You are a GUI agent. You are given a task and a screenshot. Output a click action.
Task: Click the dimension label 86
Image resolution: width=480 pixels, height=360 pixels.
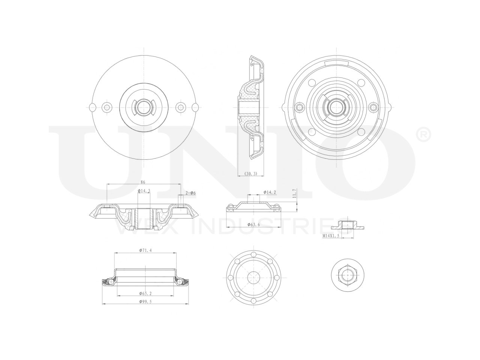(143, 182)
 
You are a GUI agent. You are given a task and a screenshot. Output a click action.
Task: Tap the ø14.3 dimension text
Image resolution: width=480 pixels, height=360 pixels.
(144, 191)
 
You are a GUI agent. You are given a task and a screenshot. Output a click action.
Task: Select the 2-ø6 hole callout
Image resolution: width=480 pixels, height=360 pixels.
(191, 193)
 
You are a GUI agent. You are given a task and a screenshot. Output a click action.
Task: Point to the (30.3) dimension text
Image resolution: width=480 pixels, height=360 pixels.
(250, 174)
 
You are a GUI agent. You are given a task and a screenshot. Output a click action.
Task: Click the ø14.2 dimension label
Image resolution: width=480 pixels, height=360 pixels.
(270, 192)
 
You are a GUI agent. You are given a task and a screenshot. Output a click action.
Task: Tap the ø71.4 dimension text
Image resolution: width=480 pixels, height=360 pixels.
(145, 250)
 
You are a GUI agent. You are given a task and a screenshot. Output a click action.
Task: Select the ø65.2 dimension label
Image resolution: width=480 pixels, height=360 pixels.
(145, 293)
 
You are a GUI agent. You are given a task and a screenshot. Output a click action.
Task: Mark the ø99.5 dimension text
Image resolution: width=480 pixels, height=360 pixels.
(145, 301)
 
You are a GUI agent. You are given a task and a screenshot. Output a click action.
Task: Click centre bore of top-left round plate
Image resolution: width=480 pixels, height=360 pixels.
(143, 107)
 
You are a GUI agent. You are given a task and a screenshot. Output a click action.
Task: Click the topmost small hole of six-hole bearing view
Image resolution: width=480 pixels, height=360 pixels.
(254, 255)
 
